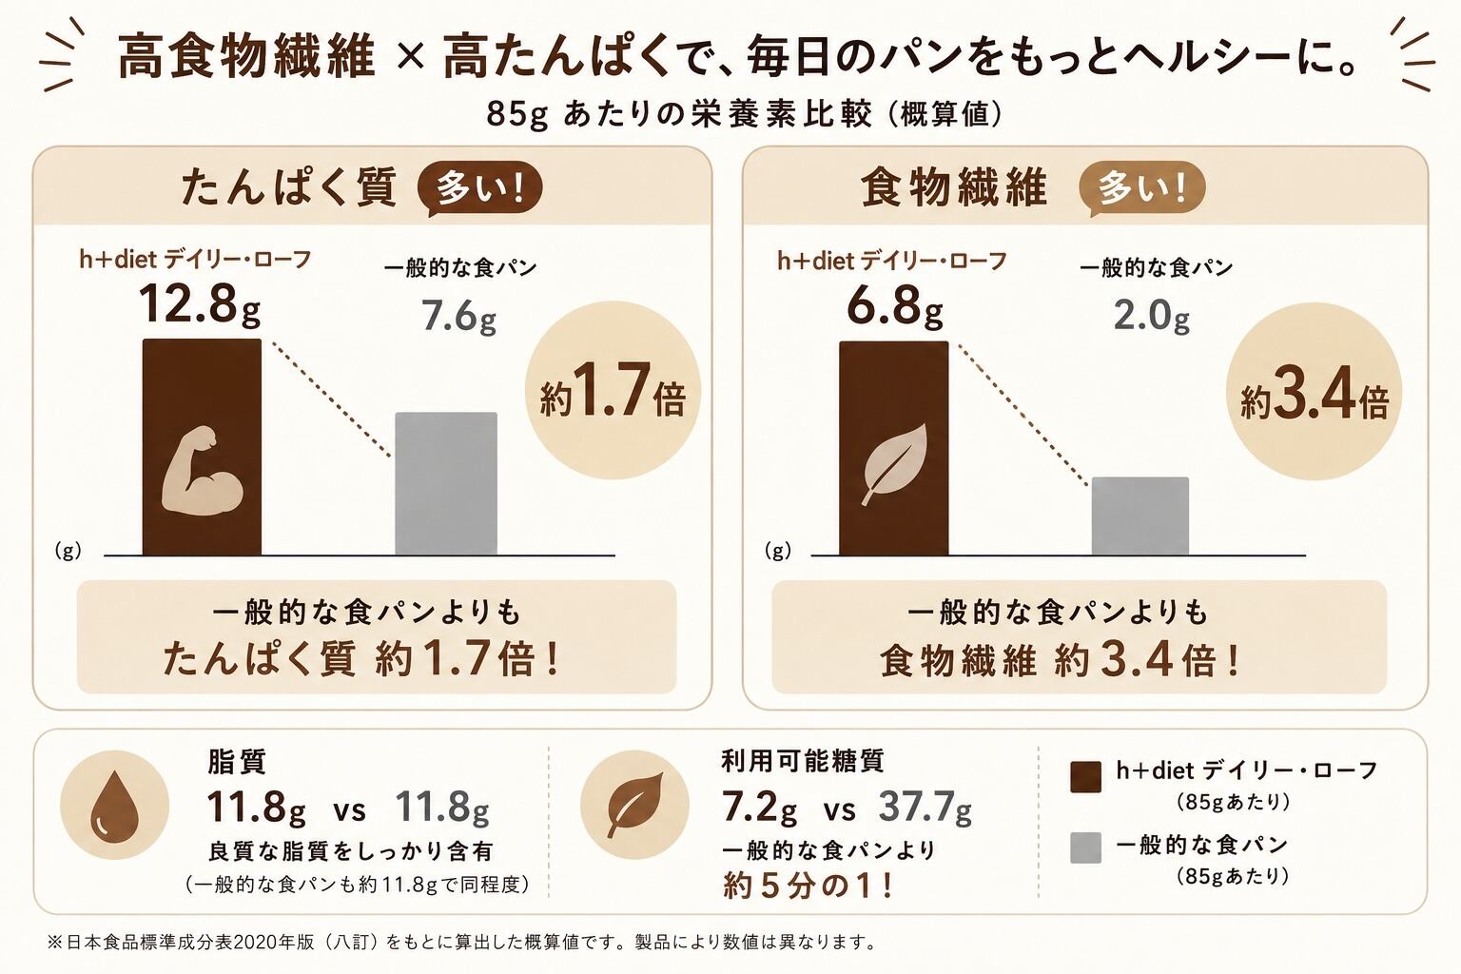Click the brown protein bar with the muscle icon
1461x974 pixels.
coord(202,447)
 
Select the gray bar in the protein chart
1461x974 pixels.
coord(446,483)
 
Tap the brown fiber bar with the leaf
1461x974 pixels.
coord(893,448)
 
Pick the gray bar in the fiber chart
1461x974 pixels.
coord(1140,516)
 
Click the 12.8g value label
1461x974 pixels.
coord(199,305)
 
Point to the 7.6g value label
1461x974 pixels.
coord(458,317)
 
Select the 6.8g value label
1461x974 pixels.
coord(895,306)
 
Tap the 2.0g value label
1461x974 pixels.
coord(1151,317)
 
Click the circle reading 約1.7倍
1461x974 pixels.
coord(613,390)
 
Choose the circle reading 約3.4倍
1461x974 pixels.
coord(1315,392)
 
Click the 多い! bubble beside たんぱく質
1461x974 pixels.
coord(479,188)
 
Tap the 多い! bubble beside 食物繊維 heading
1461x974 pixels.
coord(1142,188)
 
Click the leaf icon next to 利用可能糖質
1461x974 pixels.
coord(634,805)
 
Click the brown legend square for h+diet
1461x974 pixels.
coord(1086,777)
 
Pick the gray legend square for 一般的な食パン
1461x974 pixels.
coord(1086,847)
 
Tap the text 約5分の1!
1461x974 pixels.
coord(807,886)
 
